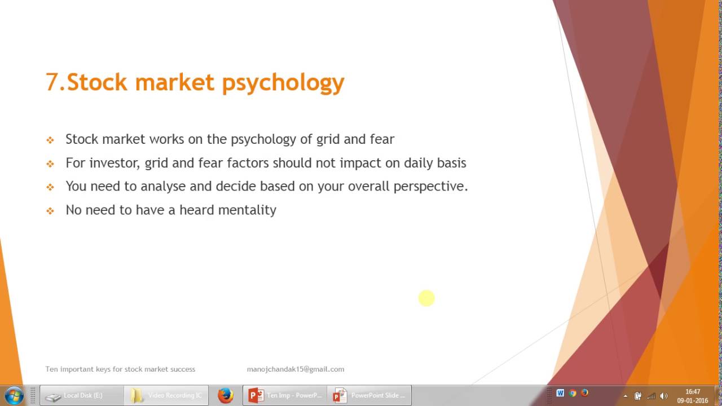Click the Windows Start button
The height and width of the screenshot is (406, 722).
(x=14, y=395)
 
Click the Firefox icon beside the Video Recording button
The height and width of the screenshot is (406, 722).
(x=226, y=395)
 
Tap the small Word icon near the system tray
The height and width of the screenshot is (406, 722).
(x=560, y=393)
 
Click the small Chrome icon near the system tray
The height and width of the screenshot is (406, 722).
(x=573, y=393)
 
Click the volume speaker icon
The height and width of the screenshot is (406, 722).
(x=664, y=396)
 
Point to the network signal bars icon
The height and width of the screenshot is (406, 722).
(x=651, y=396)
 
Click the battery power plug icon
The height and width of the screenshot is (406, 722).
(x=638, y=396)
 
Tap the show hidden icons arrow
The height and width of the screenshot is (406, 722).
(x=625, y=396)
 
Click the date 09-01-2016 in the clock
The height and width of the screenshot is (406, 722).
(x=692, y=400)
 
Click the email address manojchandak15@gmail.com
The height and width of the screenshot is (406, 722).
(x=295, y=369)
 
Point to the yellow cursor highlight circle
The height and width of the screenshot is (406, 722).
(x=426, y=298)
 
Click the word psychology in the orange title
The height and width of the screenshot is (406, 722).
(x=283, y=82)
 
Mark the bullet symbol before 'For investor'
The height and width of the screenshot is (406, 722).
(x=50, y=164)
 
